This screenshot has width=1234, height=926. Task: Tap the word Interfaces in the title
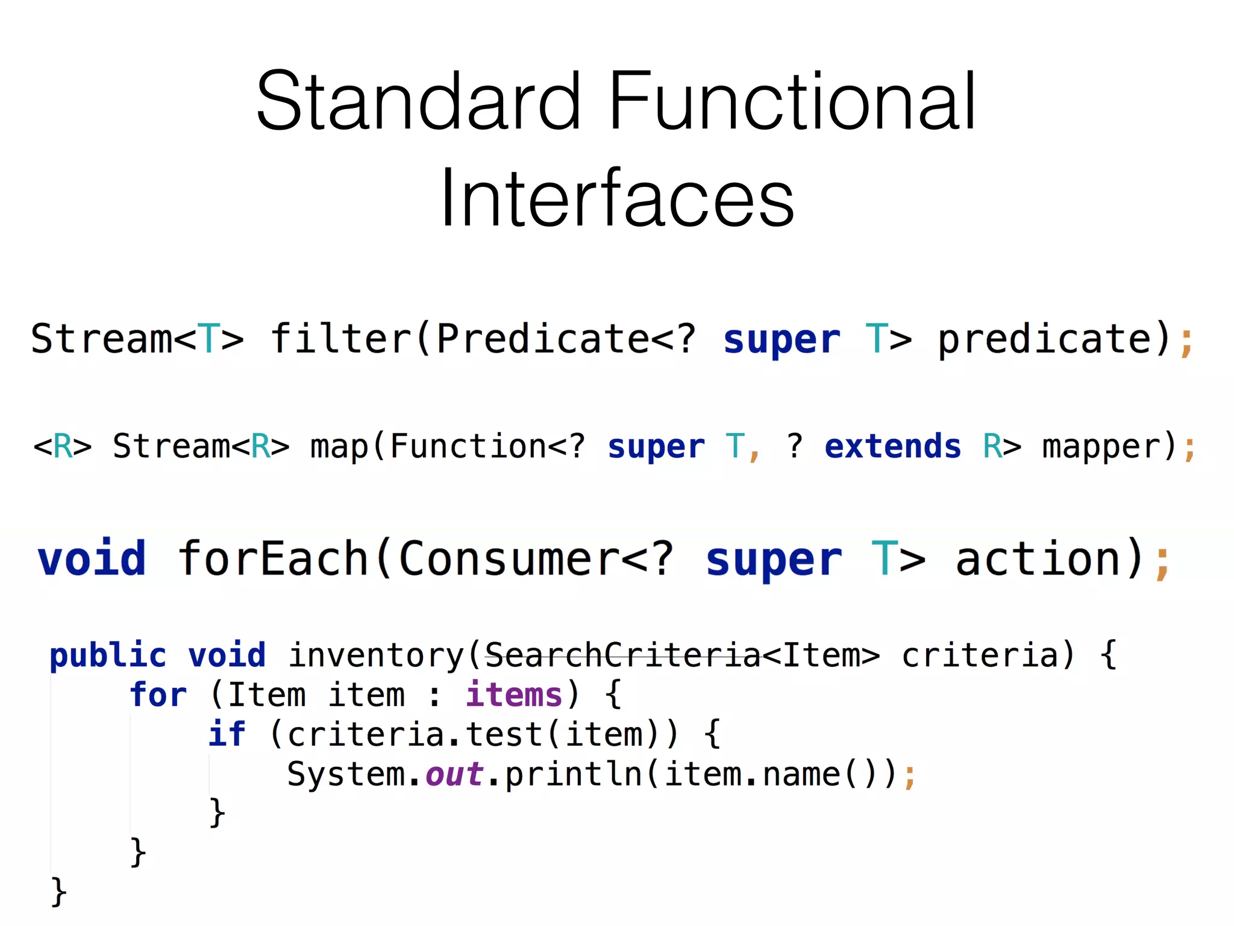pyautogui.click(x=617, y=199)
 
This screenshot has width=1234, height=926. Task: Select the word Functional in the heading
pyautogui.click(x=792, y=101)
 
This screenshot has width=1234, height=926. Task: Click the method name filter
pyautogui.click(x=341, y=338)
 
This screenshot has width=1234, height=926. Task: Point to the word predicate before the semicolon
pyautogui.click(x=1045, y=339)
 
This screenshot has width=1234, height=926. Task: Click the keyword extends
pyautogui.click(x=892, y=447)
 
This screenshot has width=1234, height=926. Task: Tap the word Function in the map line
pyautogui.click(x=468, y=447)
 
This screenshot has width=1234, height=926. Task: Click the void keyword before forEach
pyautogui.click(x=92, y=558)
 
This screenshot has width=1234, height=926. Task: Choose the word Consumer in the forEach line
pyautogui.click(x=509, y=558)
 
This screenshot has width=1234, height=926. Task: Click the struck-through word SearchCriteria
pyautogui.click(x=622, y=655)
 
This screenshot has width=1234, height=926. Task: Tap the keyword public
pyautogui.click(x=108, y=655)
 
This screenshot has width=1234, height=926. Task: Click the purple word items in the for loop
pyautogui.click(x=514, y=694)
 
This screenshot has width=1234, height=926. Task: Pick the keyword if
pyautogui.click(x=227, y=734)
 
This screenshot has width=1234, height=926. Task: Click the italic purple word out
pyautogui.click(x=454, y=774)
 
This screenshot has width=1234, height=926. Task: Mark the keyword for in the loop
pyautogui.click(x=158, y=694)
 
